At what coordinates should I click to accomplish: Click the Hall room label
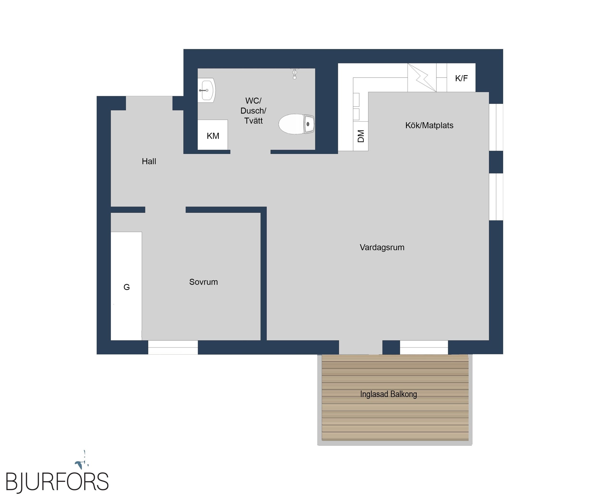click(149, 162)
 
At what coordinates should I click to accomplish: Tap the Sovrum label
click(204, 282)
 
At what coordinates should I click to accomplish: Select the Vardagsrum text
click(382, 247)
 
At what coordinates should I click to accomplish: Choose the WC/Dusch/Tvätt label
click(253, 111)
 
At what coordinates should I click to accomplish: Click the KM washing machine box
click(213, 135)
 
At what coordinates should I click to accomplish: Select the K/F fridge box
click(461, 78)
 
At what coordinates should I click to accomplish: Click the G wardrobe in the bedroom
click(126, 286)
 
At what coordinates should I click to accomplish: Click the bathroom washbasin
click(206, 90)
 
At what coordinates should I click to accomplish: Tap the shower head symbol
click(294, 73)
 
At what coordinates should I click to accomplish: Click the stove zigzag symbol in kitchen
click(422, 78)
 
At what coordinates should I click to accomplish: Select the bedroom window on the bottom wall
click(173, 347)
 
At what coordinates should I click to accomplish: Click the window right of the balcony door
click(424, 347)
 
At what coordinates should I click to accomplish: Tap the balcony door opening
click(360, 347)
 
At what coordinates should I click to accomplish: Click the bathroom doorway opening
click(250, 152)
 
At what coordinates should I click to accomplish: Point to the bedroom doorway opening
click(165, 210)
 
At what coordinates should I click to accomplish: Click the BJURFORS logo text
click(57, 482)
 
